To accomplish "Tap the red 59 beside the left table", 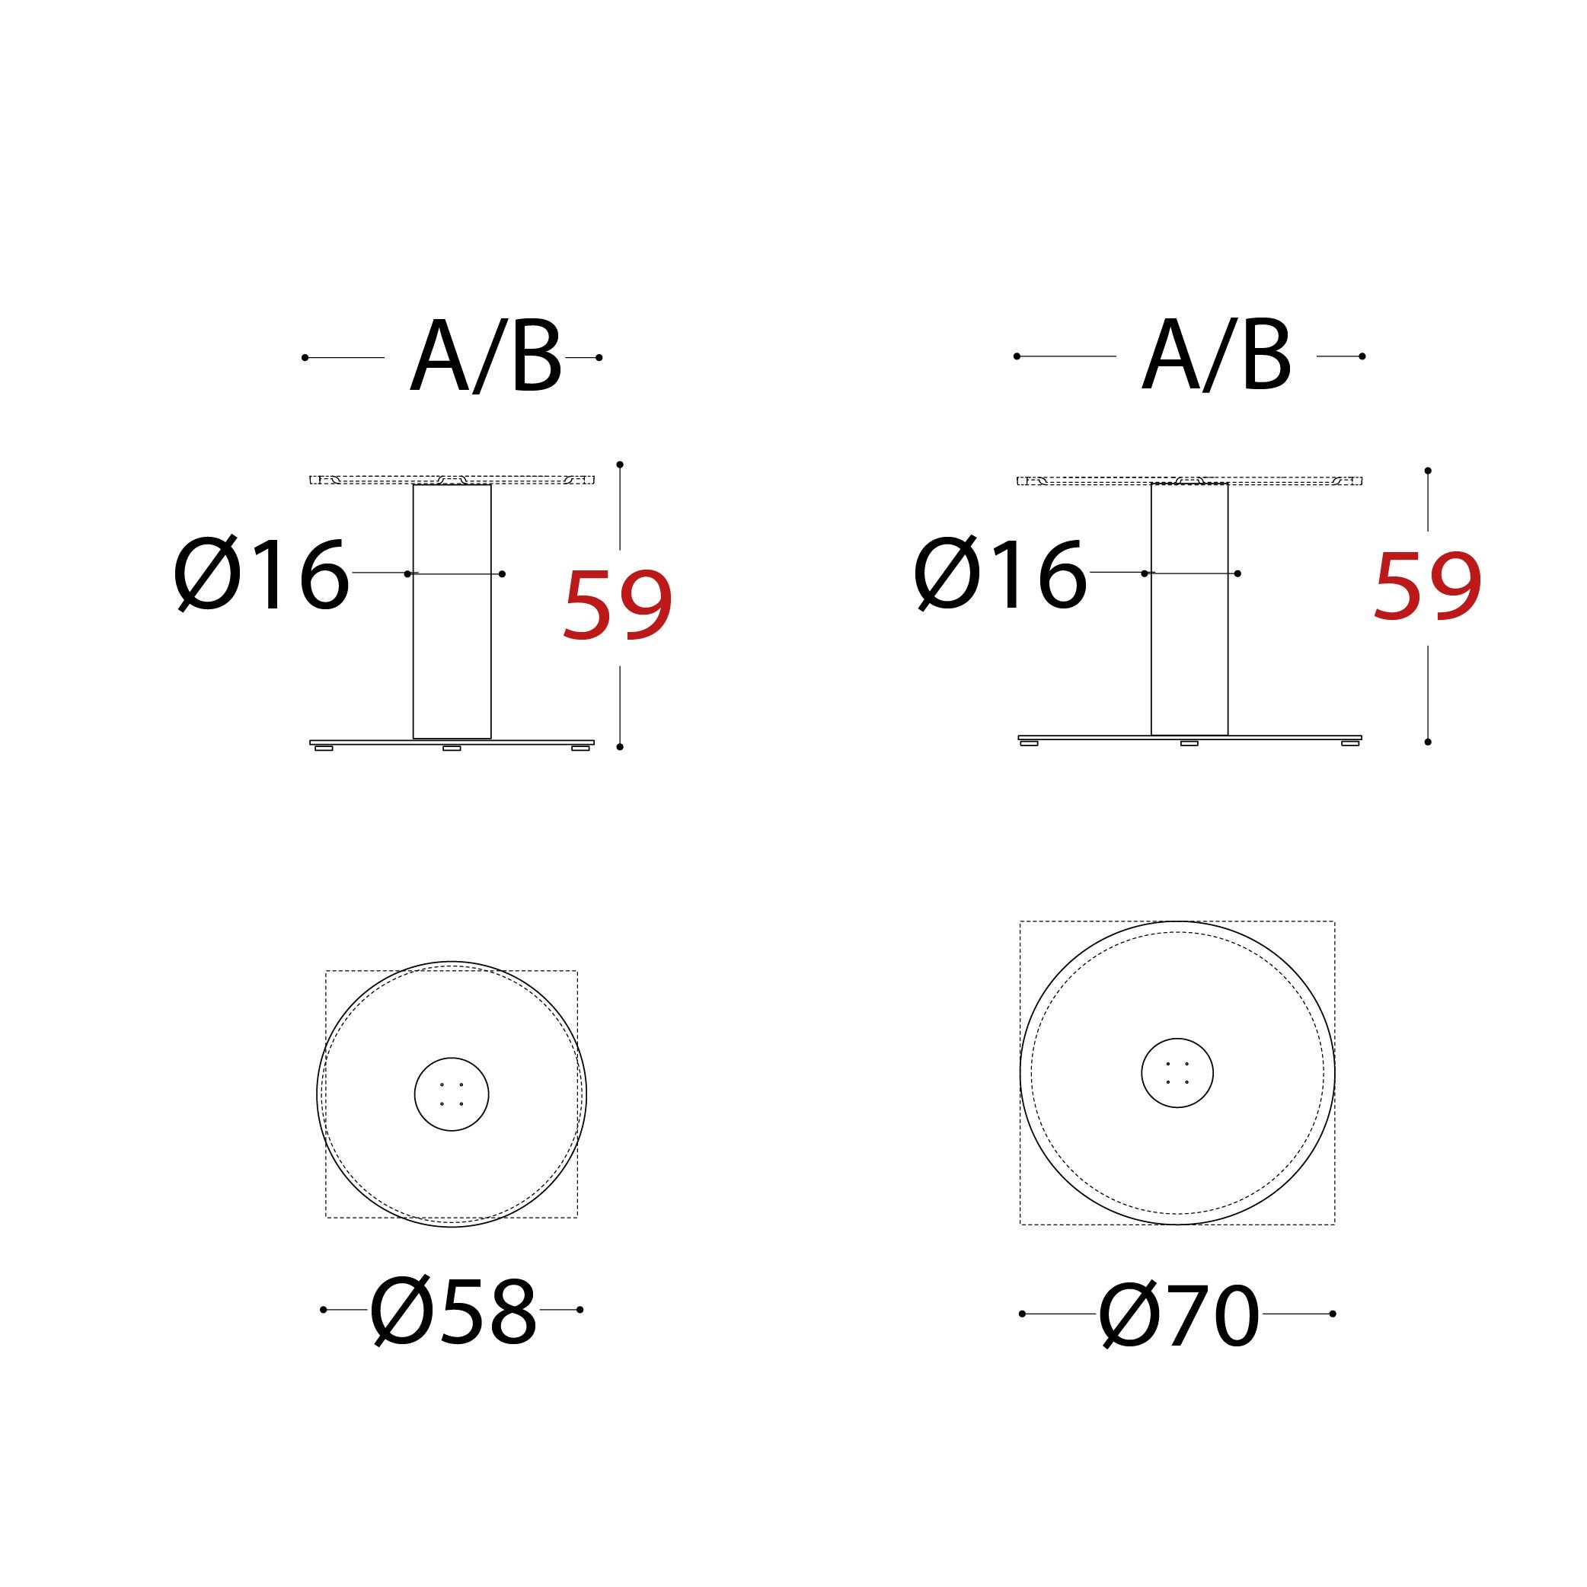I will coord(618,605).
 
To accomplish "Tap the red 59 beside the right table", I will coord(1427,586).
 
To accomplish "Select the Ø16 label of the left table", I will coord(262,575).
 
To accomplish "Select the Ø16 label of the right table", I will coord(1001,574).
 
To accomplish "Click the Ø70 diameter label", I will coord(1179,1314).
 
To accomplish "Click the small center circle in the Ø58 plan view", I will coord(452,1094).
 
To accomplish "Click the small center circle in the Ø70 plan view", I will coord(1177,1073).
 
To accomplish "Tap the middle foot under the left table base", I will coord(452,749).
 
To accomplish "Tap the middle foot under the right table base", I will coord(1189,743).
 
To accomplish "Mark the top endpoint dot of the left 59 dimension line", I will coord(620,465).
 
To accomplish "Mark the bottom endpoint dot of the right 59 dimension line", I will coord(1428,742).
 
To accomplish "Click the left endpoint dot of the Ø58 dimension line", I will coord(324,1309).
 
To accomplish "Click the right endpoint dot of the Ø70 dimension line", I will coord(1333,1314).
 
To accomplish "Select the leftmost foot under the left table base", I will coord(324,749).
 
